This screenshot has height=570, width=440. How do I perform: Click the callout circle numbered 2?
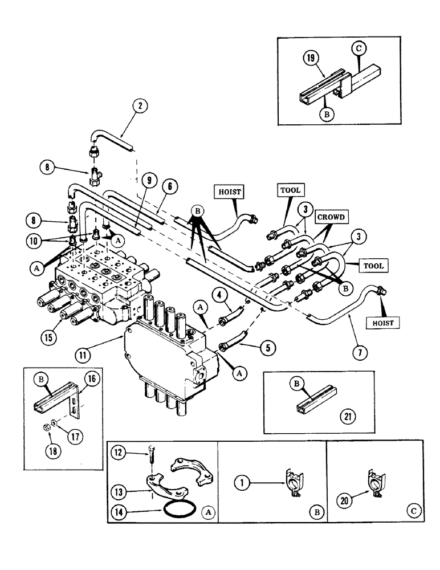click(x=138, y=105)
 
